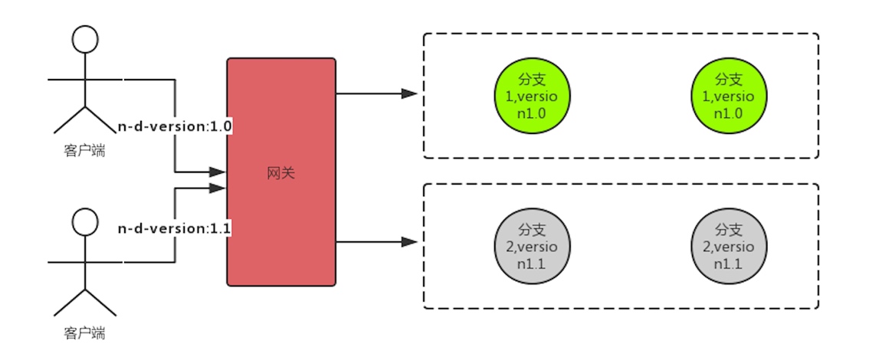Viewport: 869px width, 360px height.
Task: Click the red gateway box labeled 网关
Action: (281, 172)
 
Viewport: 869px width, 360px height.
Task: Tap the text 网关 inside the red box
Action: (281, 173)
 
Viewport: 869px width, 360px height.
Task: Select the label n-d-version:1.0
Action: (175, 127)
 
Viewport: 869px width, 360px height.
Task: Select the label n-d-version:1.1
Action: (175, 229)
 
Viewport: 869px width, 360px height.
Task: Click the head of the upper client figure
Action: (85, 39)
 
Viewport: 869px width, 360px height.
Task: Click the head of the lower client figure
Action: (85, 222)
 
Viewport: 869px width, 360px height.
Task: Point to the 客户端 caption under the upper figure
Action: (84, 151)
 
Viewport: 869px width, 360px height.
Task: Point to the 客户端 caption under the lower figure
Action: (84, 333)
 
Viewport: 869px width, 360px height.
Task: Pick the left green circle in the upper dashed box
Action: (532, 96)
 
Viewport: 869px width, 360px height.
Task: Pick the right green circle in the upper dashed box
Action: (730, 96)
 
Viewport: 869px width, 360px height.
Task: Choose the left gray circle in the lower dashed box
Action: (532, 245)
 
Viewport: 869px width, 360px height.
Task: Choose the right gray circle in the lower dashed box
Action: (730, 245)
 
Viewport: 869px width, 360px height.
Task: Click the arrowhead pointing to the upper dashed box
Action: (409, 93)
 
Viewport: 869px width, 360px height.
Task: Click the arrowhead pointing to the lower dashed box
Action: (409, 242)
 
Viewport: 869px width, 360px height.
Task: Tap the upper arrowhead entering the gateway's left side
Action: (218, 172)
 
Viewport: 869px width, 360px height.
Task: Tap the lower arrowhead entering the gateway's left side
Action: (218, 188)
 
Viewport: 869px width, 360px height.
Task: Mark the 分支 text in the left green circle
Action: (532, 80)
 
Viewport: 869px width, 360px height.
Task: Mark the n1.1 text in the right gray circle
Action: (730, 263)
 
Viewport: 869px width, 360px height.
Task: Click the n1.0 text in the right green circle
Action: (730, 113)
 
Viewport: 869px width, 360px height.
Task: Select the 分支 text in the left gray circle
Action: (532, 229)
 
